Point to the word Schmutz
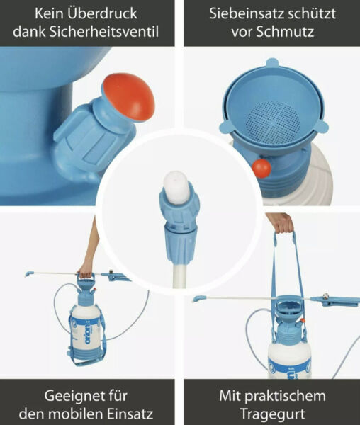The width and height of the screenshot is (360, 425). (287, 32)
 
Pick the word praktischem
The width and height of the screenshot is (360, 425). (291, 394)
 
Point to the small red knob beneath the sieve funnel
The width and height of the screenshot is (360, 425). (261, 168)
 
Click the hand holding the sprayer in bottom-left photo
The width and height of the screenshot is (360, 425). (85, 269)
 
